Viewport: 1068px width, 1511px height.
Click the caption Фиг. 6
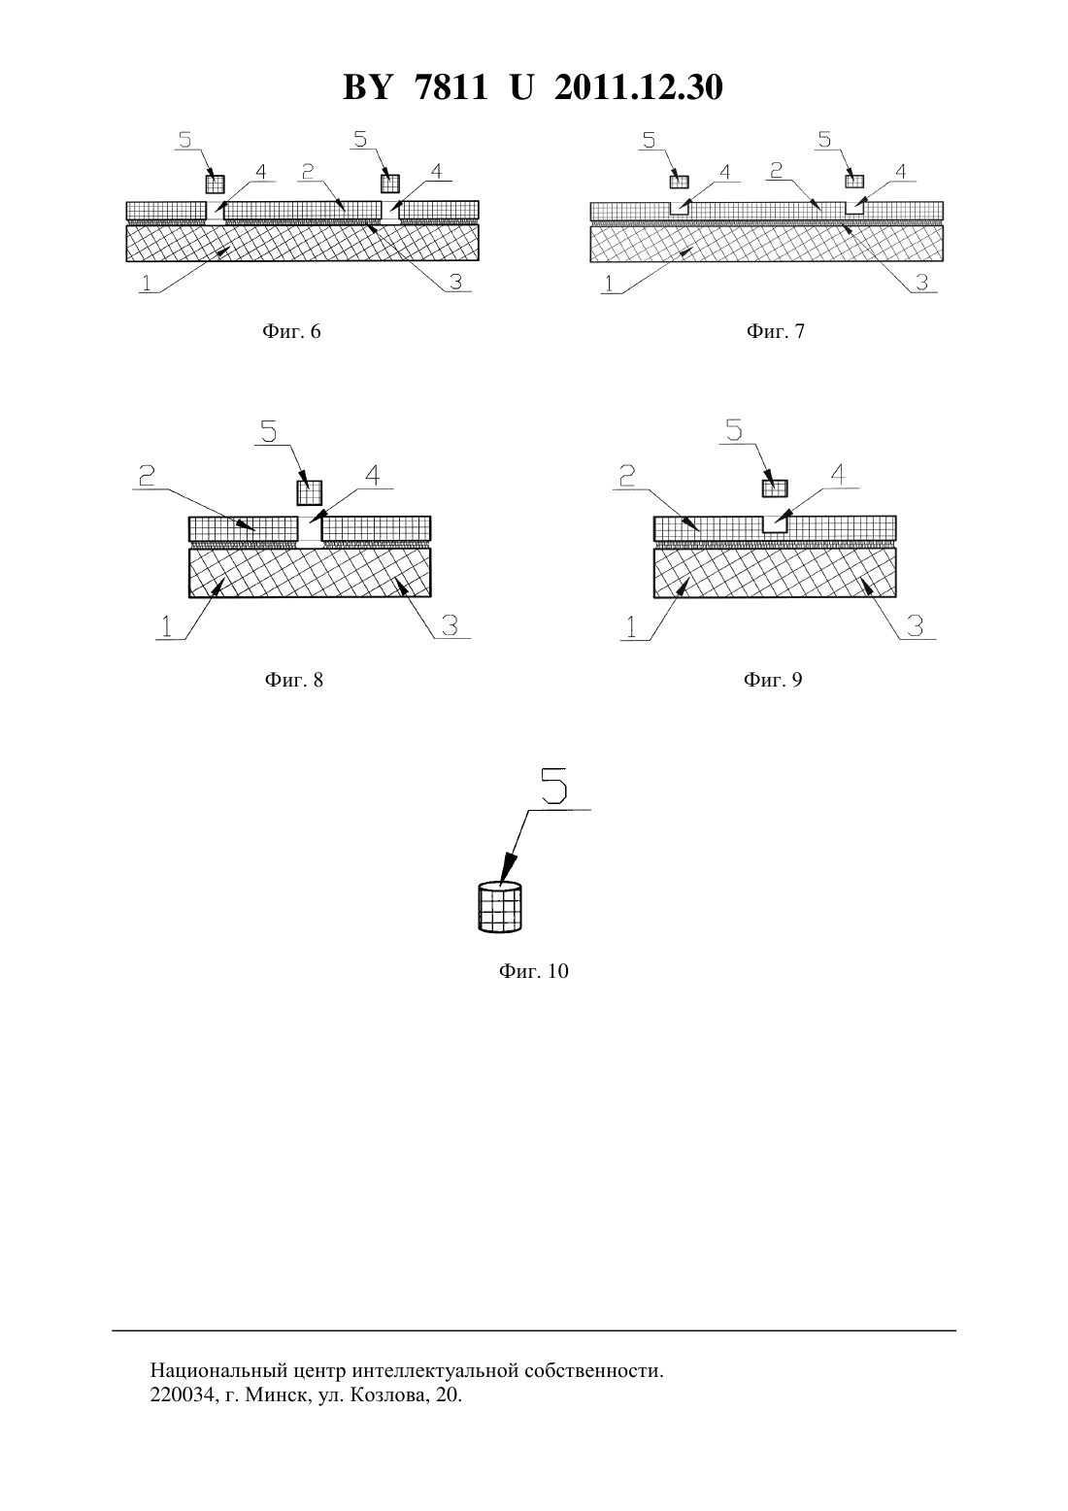tap(291, 331)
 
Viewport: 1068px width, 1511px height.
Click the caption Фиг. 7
tap(776, 331)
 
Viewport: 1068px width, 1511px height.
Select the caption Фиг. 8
tap(294, 680)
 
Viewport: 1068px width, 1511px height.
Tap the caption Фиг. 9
tap(773, 680)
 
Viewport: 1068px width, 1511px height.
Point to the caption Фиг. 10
tap(533, 971)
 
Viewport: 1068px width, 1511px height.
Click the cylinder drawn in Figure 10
tap(500, 907)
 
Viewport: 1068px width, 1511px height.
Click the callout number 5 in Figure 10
tap(553, 786)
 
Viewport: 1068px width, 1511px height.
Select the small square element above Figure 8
tap(310, 492)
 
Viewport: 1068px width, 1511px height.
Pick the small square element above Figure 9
tap(775, 487)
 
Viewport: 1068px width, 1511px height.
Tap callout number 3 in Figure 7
tap(921, 282)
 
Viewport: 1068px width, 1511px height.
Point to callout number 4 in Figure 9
tap(837, 475)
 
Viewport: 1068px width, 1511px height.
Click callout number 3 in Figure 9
tap(915, 626)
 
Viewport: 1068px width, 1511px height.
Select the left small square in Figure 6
tap(215, 184)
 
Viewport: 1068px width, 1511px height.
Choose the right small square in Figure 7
tap(855, 181)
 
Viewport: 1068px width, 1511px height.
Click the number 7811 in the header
tap(451, 87)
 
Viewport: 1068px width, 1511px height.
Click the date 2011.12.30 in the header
tap(639, 87)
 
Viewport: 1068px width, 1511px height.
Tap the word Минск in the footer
tap(276, 1394)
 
